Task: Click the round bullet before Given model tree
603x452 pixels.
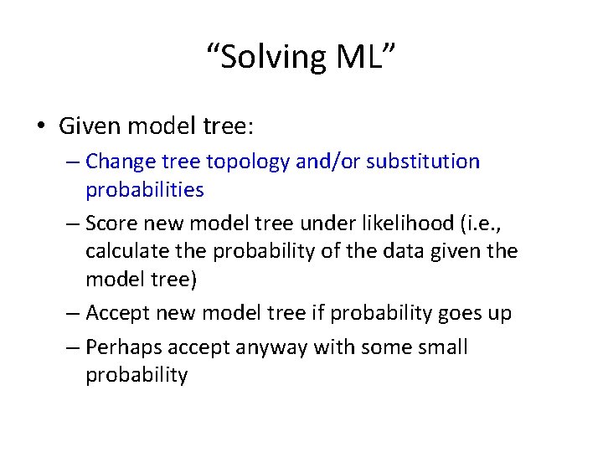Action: (x=41, y=126)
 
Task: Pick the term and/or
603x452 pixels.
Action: (x=325, y=161)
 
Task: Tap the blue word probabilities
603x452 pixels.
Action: (x=144, y=189)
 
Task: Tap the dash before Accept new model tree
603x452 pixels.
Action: (x=72, y=313)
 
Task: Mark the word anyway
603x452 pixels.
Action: (x=265, y=347)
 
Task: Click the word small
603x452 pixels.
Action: (x=441, y=347)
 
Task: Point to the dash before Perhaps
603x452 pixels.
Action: (x=72, y=347)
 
